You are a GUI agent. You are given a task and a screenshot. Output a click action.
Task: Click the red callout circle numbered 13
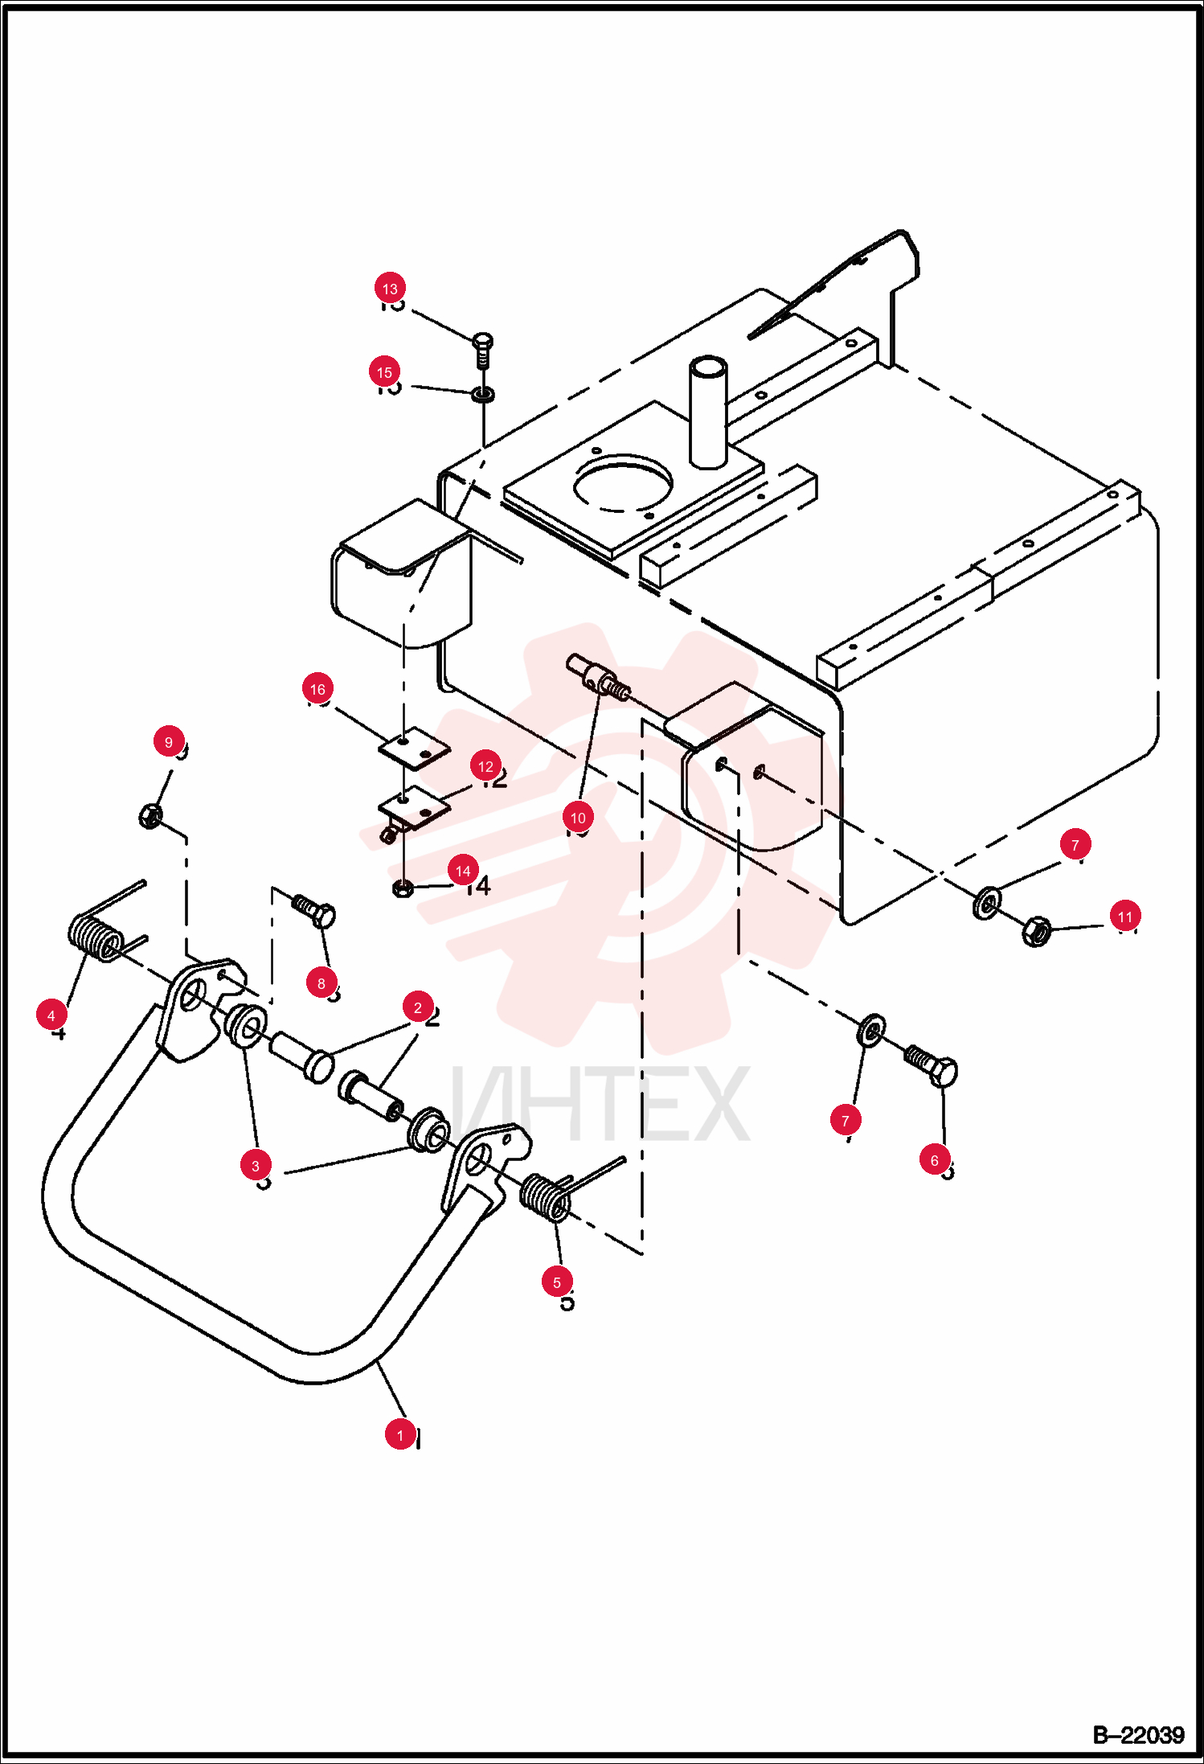pyautogui.click(x=390, y=289)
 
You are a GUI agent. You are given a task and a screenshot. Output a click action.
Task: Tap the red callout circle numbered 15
pyautogui.click(x=385, y=372)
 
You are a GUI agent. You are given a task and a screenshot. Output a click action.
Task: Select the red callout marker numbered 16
pyautogui.click(x=317, y=689)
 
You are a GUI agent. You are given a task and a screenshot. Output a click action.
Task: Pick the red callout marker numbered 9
pyautogui.click(x=169, y=742)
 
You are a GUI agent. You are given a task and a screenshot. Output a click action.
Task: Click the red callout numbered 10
pyautogui.click(x=578, y=818)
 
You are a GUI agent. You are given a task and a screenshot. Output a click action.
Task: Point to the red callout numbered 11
pyautogui.click(x=1125, y=917)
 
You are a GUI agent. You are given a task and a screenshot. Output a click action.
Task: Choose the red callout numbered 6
pyautogui.click(x=935, y=1160)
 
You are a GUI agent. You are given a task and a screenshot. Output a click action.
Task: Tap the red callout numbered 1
pyautogui.click(x=400, y=1435)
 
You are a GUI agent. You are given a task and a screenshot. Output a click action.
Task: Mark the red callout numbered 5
pyautogui.click(x=557, y=1282)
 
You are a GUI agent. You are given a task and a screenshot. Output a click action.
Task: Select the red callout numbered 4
pyautogui.click(x=51, y=1015)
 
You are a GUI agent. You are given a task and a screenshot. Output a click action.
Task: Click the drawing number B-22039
pyautogui.click(x=1138, y=1735)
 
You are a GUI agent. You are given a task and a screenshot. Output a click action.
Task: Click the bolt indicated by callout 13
pyautogui.click(x=483, y=351)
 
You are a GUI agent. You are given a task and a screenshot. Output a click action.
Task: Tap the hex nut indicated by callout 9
pyautogui.click(x=149, y=816)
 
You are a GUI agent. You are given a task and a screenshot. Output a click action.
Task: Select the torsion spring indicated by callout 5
pyautogui.click(x=559, y=1192)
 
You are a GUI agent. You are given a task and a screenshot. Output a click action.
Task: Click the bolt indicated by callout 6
pyautogui.click(x=932, y=1065)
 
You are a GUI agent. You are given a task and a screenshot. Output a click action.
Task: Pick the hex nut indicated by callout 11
pyautogui.click(x=1035, y=931)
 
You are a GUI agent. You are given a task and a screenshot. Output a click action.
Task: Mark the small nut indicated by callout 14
pyautogui.click(x=403, y=888)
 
